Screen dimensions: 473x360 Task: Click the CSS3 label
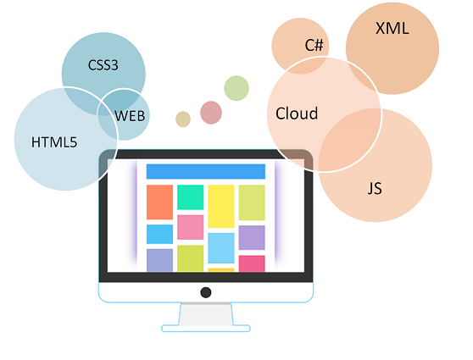[x=103, y=65]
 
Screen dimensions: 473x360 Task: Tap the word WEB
[x=130, y=116]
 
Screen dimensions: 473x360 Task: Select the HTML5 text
[x=54, y=142]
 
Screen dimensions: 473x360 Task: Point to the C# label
[x=314, y=45]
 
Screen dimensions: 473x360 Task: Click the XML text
[x=392, y=29]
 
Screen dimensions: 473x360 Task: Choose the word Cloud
[x=297, y=114]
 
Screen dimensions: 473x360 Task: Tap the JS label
[x=375, y=188]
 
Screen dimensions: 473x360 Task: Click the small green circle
[x=236, y=88]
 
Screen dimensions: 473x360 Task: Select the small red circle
[x=211, y=113]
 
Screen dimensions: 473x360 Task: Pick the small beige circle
[x=183, y=119]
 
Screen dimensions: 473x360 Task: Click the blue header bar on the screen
[x=206, y=172]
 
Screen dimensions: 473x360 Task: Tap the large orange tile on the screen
[x=159, y=202]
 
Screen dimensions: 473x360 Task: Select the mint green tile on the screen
[x=191, y=197]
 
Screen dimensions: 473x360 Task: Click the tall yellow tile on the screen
[x=221, y=206]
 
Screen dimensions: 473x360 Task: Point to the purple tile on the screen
[x=252, y=237]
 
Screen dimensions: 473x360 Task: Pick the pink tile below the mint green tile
[x=191, y=227]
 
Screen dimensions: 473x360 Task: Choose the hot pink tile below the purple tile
[x=252, y=263]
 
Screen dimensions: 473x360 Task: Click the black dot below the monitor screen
[x=206, y=292]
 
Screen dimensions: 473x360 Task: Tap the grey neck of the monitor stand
[x=206, y=314]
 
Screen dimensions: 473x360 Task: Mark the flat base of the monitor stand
[x=206, y=329]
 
